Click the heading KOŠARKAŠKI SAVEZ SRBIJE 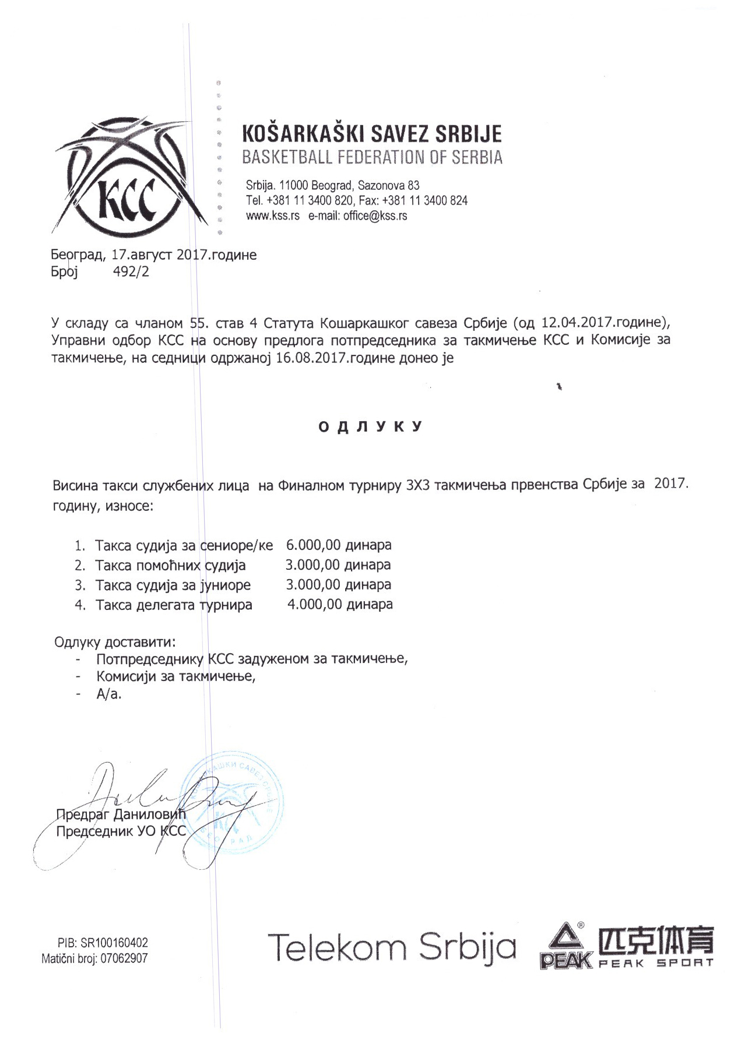coord(371,135)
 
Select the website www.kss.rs coord(272,216)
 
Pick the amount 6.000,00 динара coord(339,545)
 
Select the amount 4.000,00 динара coord(340,604)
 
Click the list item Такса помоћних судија coord(170,565)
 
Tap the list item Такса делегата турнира coord(174,605)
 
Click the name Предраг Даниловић coord(121,814)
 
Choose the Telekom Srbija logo coord(391,947)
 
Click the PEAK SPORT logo coord(627,946)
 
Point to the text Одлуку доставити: coord(115,642)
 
